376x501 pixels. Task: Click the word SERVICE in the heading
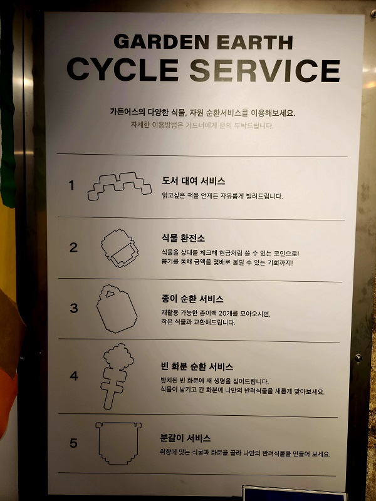coord(264,70)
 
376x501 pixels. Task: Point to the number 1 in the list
coord(71,185)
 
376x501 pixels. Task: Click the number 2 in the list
coord(73,247)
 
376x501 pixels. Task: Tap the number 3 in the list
coord(74,308)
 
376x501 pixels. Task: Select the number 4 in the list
coord(74,376)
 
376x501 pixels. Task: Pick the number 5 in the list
coord(74,443)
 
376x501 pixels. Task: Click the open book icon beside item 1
coord(119,185)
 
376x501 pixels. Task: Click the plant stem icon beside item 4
coord(115,376)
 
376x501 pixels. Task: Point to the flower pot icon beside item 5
coord(117,443)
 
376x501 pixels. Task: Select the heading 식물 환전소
coord(183,239)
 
